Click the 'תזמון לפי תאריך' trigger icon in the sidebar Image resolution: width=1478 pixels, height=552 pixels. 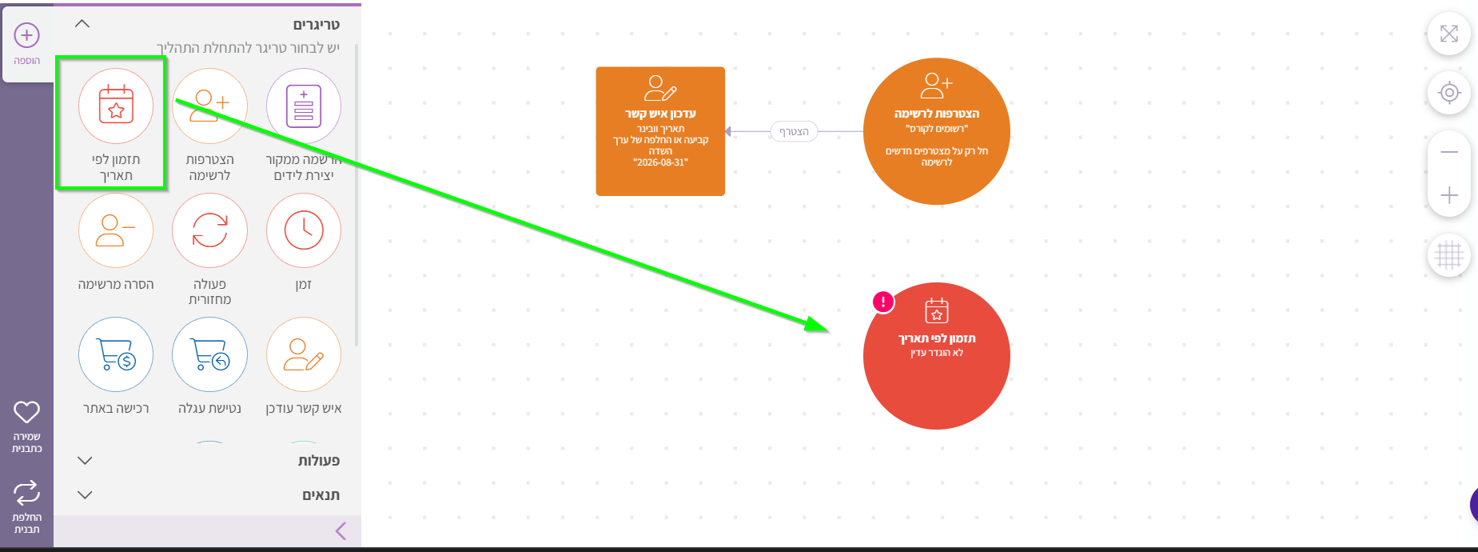116,106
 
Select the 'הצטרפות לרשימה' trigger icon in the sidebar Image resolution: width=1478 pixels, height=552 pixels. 209,106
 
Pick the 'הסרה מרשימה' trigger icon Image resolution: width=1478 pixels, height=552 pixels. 116,230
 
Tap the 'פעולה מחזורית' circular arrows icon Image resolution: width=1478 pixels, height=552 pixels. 209,230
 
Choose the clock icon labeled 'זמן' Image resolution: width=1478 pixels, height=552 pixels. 304,230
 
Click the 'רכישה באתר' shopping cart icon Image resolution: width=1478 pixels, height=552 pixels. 116,354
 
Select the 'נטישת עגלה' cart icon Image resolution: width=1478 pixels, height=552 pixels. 209,354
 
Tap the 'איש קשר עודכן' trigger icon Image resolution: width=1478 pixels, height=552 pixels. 304,354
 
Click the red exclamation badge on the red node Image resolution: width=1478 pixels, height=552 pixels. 882,302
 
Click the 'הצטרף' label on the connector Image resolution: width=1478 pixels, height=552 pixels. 794,131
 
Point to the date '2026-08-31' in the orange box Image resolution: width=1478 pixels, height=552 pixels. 660,162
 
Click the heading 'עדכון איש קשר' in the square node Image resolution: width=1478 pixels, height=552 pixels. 660,114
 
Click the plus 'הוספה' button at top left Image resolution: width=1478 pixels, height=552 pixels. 27,36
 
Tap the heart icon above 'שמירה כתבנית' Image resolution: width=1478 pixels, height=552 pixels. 26,412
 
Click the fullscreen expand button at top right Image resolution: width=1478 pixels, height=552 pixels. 1449,34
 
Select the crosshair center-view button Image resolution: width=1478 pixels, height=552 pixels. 1449,93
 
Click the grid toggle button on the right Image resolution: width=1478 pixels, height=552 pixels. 1449,256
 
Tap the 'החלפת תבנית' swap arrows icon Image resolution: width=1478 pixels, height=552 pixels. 26,493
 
